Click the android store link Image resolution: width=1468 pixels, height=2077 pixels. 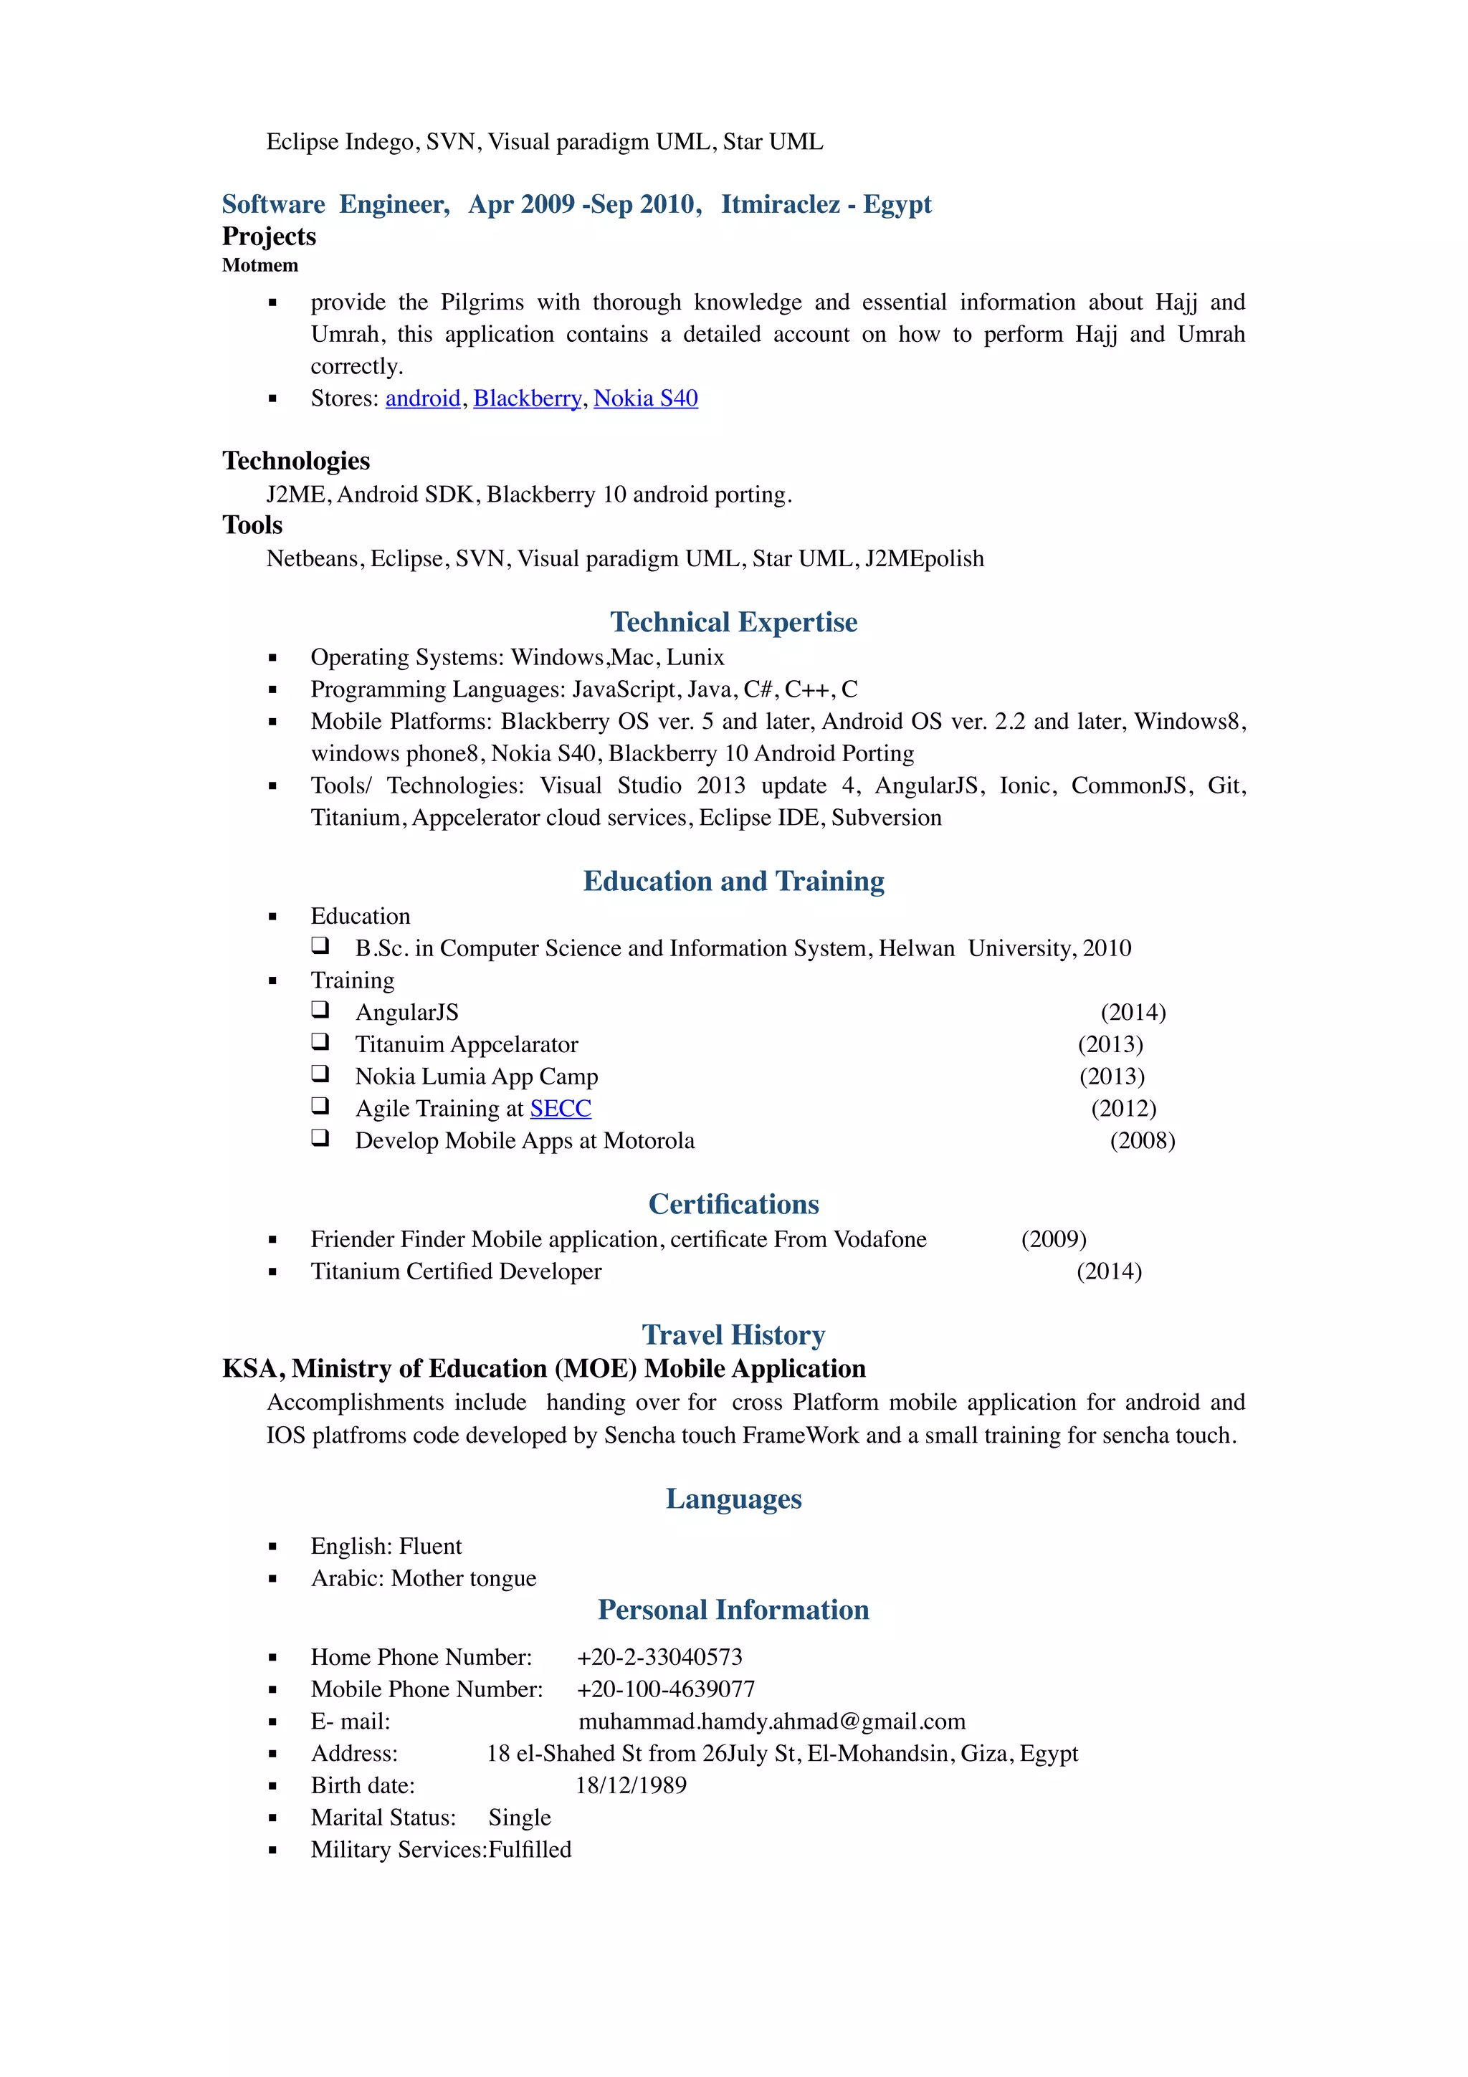[422, 399]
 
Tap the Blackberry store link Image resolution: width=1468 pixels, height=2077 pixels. [528, 399]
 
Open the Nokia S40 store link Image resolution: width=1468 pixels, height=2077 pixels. [645, 399]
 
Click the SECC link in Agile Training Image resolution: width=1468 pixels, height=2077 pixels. [560, 1108]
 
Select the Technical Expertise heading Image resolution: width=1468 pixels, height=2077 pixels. [733, 622]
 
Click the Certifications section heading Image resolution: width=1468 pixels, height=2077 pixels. [733, 1204]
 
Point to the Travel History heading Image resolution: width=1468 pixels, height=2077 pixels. [733, 1335]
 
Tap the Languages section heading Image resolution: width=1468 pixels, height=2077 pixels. [733, 1499]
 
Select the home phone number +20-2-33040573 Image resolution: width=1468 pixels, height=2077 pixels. [659, 1657]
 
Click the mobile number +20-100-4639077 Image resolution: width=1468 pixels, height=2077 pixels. [666, 1689]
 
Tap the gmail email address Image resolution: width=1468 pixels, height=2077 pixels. [771, 1722]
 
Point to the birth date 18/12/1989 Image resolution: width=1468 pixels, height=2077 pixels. [631, 1786]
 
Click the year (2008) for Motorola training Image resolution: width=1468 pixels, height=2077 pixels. [1143, 1141]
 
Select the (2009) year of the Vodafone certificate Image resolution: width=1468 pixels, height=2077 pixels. [1054, 1239]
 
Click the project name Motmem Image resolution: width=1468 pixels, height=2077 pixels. [260, 266]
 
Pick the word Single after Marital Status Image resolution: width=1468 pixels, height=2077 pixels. [519, 1818]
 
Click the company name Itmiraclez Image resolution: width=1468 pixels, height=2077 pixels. [780, 204]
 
